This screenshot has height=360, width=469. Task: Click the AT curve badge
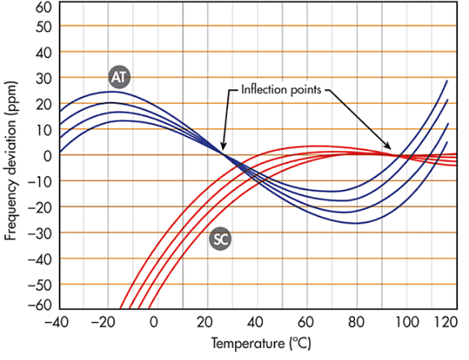click(x=118, y=77)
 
